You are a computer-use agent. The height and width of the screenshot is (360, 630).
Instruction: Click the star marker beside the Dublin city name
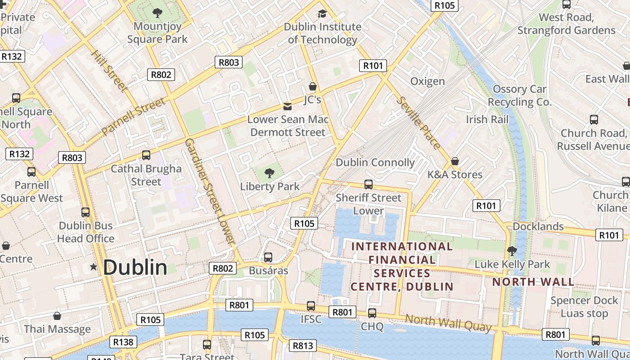click(x=94, y=267)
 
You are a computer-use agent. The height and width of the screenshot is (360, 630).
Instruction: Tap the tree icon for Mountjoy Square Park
click(x=157, y=13)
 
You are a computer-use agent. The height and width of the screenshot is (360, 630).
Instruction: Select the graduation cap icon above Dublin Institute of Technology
click(x=322, y=13)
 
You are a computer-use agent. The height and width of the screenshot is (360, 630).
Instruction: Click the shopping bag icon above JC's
click(x=313, y=86)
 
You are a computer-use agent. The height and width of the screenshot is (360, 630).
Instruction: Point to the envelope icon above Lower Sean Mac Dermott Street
click(x=288, y=106)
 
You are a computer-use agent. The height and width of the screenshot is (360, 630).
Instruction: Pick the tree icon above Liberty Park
click(x=270, y=173)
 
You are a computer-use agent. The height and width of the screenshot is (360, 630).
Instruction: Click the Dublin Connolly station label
click(x=375, y=162)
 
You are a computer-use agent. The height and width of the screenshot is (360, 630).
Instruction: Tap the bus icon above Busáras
click(x=268, y=257)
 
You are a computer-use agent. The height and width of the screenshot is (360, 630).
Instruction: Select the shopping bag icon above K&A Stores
click(x=455, y=161)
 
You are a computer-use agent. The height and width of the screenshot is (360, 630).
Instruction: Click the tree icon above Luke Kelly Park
click(x=512, y=251)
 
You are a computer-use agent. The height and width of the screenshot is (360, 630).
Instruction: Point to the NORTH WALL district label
click(x=533, y=282)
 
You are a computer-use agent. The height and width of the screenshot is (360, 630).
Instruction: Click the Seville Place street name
click(x=418, y=123)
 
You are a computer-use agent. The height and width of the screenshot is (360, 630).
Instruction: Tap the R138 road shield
click(x=123, y=342)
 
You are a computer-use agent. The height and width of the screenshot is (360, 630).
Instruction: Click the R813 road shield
click(x=302, y=346)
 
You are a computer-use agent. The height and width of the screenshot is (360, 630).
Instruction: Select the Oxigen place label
click(x=427, y=81)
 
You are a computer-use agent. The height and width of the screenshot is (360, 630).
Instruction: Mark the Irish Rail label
click(x=487, y=119)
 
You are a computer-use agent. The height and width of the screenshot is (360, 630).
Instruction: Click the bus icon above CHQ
click(x=372, y=313)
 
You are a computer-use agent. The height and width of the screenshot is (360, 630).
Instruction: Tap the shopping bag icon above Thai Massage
click(x=57, y=316)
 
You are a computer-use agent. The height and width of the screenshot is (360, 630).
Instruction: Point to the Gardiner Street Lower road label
click(x=210, y=192)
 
